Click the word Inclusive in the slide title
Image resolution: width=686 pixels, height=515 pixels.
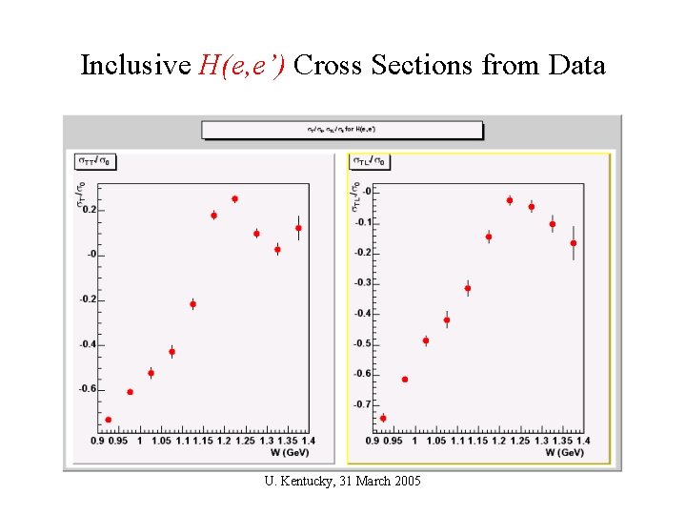click(x=134, y=66)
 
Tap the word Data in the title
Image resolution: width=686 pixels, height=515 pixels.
click(x=576, y=66)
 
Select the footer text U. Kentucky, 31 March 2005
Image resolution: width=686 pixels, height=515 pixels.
click(x=342, y=480)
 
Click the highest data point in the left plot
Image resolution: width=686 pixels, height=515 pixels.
click(x=234, y=199)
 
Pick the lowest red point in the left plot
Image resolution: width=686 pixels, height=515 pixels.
click(x=109, y=420)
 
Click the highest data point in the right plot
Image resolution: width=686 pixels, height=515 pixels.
click(x=510, y=200)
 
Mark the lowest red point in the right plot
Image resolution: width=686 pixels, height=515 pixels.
click(x=383, y=418)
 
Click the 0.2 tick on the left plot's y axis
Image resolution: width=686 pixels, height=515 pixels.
click(x=90, y=210)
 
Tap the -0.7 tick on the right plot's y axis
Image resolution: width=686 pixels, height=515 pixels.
click(x=363, y=404)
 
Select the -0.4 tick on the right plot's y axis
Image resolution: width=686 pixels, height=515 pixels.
click(x=363, y=314)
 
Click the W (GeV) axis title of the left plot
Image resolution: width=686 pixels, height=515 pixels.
click(x=291, y=454)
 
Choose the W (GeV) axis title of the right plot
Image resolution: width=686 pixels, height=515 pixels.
click(x=565, y=454)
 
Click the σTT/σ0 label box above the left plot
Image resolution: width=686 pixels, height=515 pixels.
click(x=95, y=162)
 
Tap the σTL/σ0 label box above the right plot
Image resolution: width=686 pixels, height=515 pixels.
click(x=371, y=162)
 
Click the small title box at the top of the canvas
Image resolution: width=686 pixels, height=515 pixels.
click(x=342, y=130)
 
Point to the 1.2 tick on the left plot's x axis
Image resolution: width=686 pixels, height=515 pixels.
click(x=223, y=442)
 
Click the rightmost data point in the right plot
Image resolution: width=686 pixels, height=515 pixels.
click(x=574, y=243)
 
